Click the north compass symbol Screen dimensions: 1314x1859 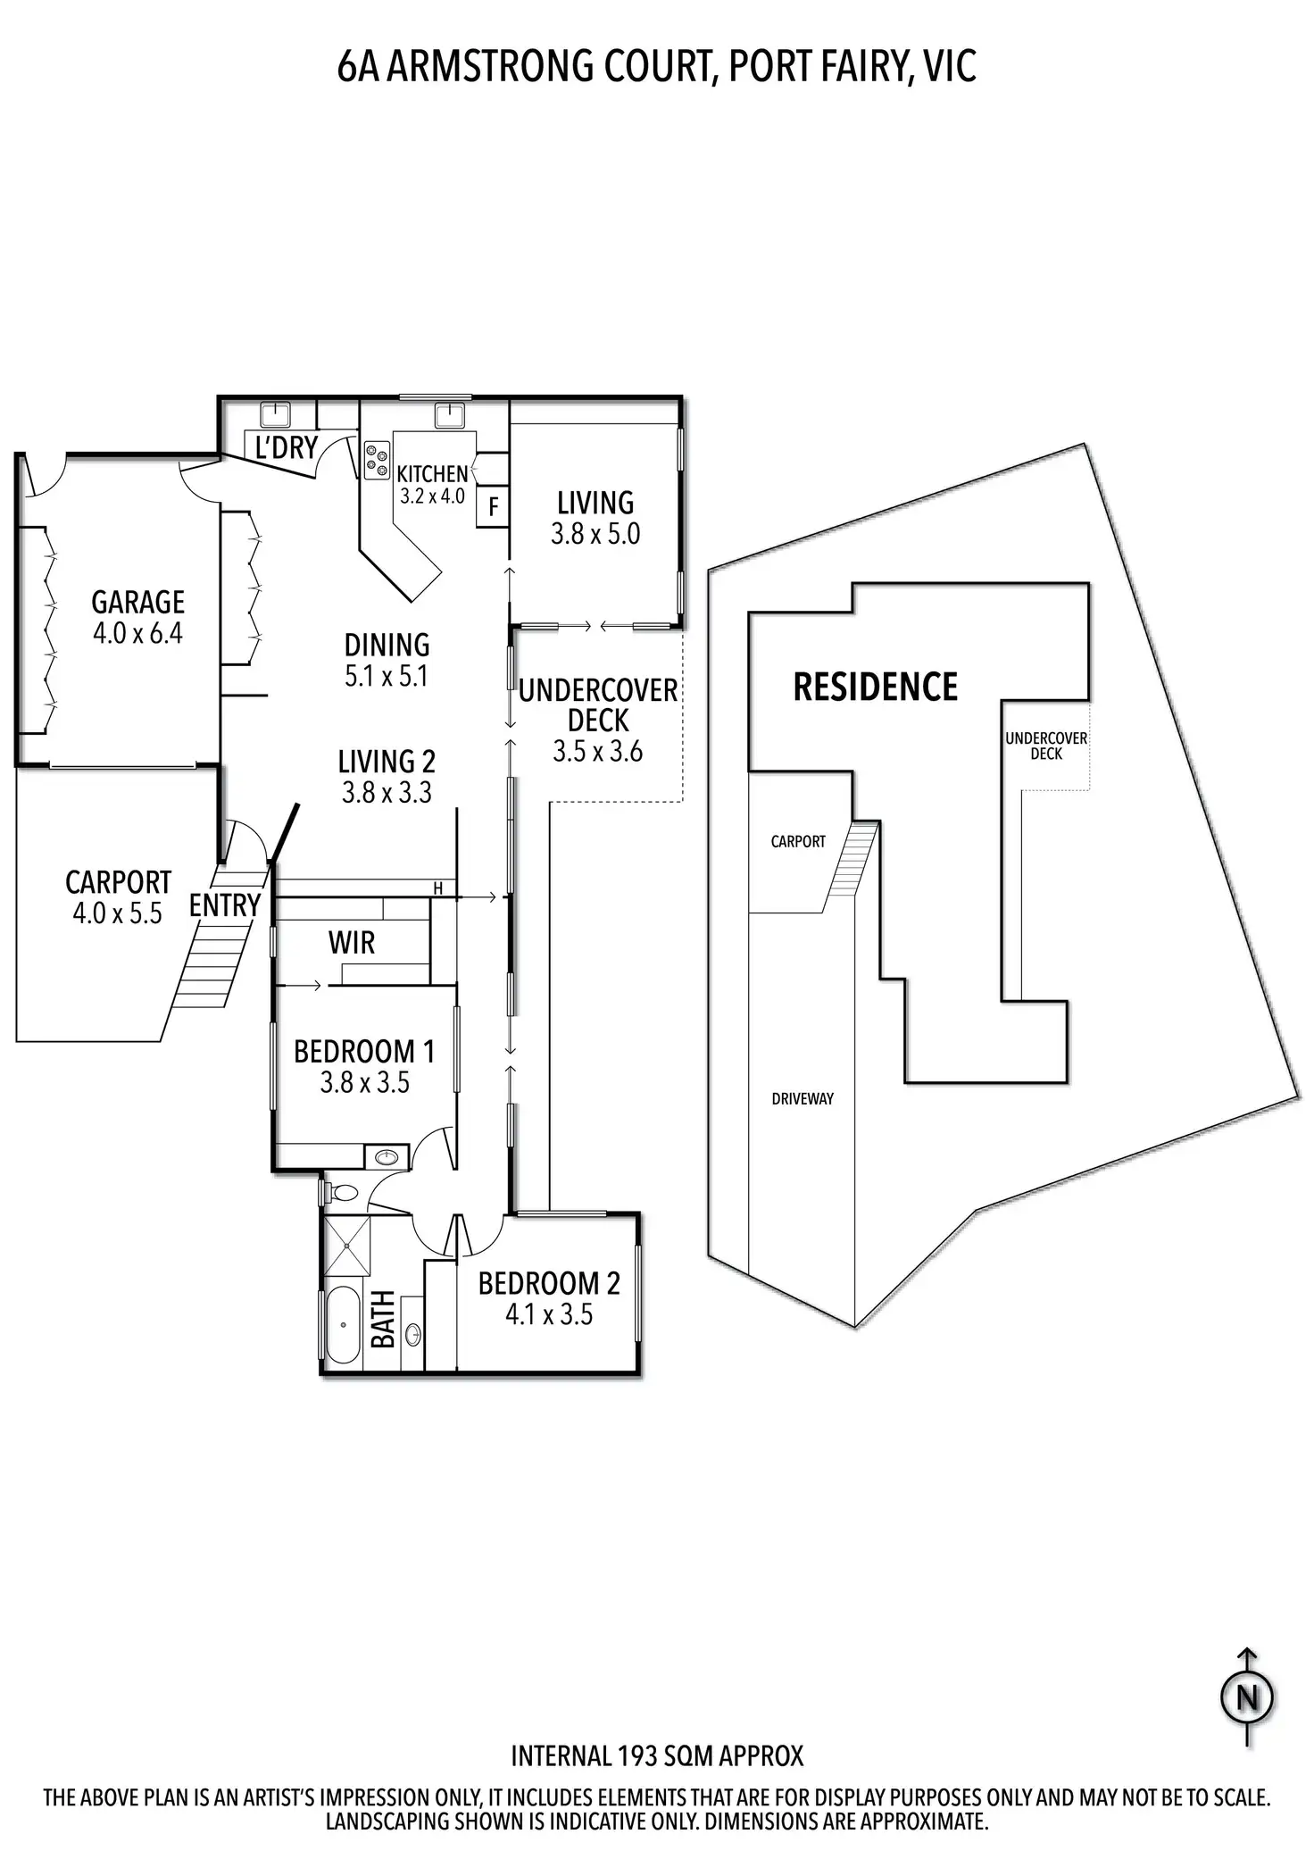pyautogui.click(x=1247, y=1696)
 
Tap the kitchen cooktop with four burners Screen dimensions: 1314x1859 pyautogui.click(x=377, y=460)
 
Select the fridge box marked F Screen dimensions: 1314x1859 pyautogui.click(x=493, y=508)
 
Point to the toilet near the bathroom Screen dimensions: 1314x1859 pyautogui.click(x=342, y=1192)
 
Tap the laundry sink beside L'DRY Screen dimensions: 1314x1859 pyautogui.click(x=275, y=414)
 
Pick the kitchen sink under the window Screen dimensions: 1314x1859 pyautogui.click(x=447, y=414)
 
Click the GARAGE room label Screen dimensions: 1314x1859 pyautogui.click(x=137, y=603)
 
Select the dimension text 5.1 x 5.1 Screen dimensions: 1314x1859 pyautogui.click(x=387, y=676)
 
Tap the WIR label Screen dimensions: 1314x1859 pyautogui.click(x=352, y=943)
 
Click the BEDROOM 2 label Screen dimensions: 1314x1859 pyautogui.click(x=548, y=1283)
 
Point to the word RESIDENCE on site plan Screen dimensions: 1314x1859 pyautogui.click(x=875, y=688)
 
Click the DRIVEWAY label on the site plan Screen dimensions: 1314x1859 pyautogui.click(x=803, y=1098)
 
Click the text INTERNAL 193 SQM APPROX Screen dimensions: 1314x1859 pyautogui.click(x=657, y=1756)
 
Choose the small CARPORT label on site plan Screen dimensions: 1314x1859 pyautogui.click(x=798, y=841)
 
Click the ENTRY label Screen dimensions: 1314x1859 pyautogui.click(x=224, y=905)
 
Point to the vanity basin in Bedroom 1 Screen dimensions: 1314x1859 pyautogui.click(x=387, y=1157)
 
